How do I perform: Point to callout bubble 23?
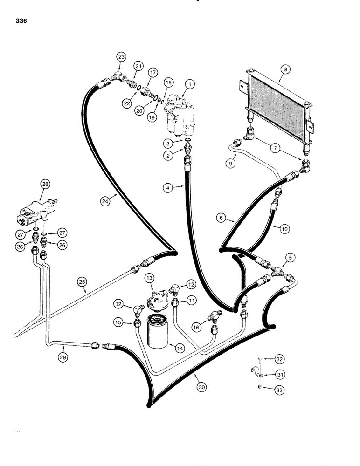[121, 57]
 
